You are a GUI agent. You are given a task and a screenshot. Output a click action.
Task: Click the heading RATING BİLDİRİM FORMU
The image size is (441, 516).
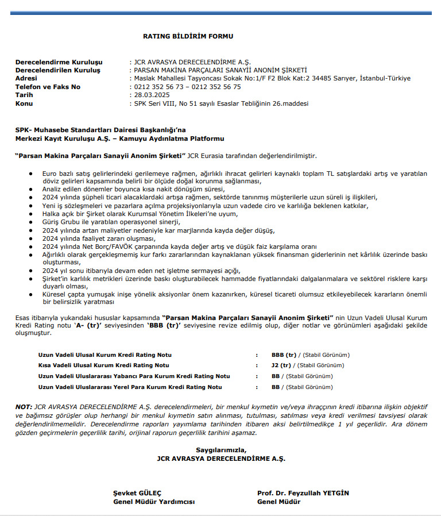188,36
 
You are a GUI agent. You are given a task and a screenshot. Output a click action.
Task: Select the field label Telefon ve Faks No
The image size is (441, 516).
48,87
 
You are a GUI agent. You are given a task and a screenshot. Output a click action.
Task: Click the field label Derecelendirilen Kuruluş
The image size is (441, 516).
57,70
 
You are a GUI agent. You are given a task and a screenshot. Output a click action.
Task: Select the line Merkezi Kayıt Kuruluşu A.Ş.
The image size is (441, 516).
119,138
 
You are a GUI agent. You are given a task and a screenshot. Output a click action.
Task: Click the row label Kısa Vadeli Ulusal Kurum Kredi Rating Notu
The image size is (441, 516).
103,365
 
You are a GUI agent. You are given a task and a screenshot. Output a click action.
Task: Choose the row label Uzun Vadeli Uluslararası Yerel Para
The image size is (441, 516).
130,387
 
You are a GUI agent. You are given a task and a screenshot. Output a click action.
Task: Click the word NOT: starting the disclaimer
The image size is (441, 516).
24,406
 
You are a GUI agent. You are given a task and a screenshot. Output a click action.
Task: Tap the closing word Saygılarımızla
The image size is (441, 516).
220,450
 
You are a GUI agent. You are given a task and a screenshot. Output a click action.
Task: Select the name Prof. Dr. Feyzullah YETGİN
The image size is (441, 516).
303,493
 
